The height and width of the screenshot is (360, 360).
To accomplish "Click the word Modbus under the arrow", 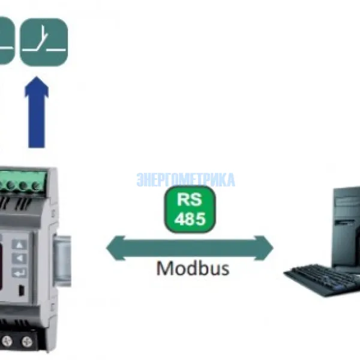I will (x=193, y=268).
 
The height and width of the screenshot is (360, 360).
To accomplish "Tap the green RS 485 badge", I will (x=190, y=209).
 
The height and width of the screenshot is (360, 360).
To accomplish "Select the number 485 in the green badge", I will (x=190, y=218).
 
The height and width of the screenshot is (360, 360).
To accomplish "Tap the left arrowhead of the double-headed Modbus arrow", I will (x=113, y=247).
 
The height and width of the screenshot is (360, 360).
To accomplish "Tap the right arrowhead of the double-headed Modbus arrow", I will (x=265, y=247).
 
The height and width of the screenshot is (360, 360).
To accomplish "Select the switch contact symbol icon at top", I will (x=44, y=41).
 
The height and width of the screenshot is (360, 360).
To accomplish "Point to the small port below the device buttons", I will (x=22, y=292).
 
